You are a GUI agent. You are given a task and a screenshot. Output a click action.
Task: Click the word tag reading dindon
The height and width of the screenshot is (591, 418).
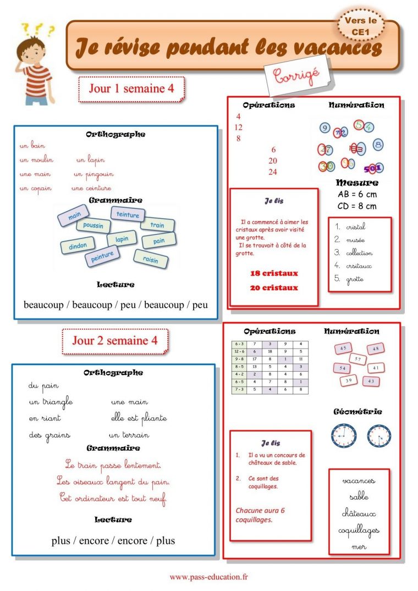(x=78, y=246)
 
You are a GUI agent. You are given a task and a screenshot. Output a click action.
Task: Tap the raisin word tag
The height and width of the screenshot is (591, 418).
(x=151, y=259)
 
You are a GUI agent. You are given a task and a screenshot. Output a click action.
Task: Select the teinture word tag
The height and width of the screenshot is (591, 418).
(x=128, y=215)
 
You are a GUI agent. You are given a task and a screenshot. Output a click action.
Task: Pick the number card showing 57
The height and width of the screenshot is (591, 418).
(x=358, y=359)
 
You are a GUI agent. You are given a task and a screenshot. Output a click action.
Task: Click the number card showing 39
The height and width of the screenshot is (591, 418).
(x=348, y=380)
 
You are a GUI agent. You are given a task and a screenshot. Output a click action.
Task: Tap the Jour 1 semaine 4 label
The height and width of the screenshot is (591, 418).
(x=131, y=88)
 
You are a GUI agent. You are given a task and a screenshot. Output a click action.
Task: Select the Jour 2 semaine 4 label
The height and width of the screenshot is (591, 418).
(x=114, y=340)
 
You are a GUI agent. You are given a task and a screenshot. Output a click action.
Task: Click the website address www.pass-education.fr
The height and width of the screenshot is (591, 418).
(x=208, y=577)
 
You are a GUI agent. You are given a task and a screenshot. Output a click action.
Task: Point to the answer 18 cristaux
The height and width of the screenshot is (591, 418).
(x=274, y=273)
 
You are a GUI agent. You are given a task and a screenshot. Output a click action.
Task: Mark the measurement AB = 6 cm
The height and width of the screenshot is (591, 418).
(x=356, y=195)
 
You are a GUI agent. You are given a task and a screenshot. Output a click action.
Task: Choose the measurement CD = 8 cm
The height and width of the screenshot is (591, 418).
(x=356, y=206)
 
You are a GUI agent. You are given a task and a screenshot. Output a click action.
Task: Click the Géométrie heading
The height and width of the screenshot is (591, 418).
(x=358, y=412)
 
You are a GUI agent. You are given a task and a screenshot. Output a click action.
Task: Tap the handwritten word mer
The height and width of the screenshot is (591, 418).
(x=359, y=547)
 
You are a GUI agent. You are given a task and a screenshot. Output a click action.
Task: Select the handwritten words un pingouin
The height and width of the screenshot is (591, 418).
(x=93, y=174)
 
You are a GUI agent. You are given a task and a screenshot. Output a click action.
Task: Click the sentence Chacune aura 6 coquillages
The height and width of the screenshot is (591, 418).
(x=260, y=515)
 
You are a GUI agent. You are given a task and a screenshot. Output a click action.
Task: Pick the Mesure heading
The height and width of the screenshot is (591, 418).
(x=356, y=183)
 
